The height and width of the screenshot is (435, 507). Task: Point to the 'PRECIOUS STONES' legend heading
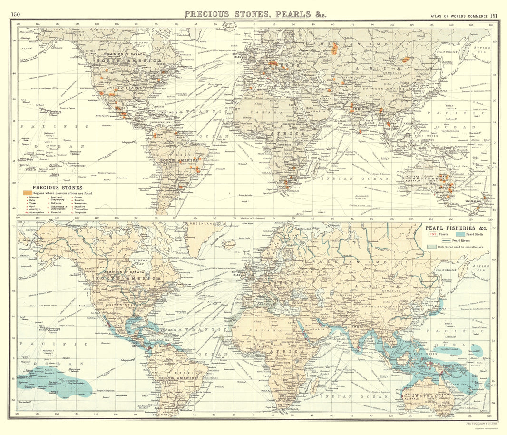tap(57, 188)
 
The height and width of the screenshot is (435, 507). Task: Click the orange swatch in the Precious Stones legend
tap(27, 193)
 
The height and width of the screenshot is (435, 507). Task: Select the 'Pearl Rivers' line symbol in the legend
tap(434, 241)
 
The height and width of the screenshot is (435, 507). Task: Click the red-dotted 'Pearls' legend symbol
tap(433, 234)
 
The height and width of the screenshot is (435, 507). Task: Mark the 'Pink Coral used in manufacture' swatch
tap(431, 247)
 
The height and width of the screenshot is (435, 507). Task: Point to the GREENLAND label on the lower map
tap(200, 223)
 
